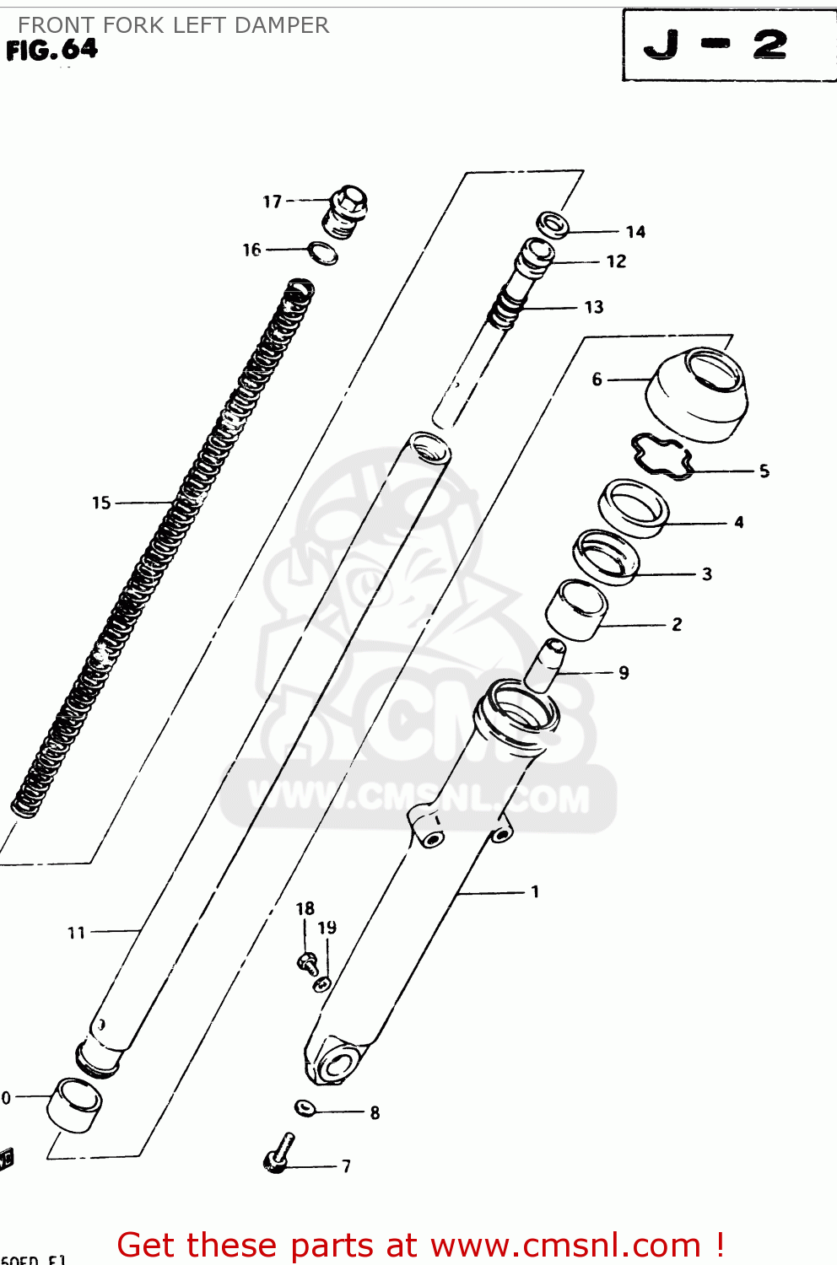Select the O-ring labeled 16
tap(322, 252)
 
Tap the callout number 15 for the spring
tap(101, 503)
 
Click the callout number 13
tap(594, 307)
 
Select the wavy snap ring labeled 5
tap(661, 456)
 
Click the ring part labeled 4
tap(634, 508)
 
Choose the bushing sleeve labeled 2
tap(576, 609)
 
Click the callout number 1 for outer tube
tap(535, 891)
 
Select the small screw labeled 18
tap(307, 962)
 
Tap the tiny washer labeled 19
tap(322, 983)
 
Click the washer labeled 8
tap(305, 1107)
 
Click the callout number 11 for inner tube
tap(76, 933)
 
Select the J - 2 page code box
tap(727, 45)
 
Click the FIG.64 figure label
tap(52, 51)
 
